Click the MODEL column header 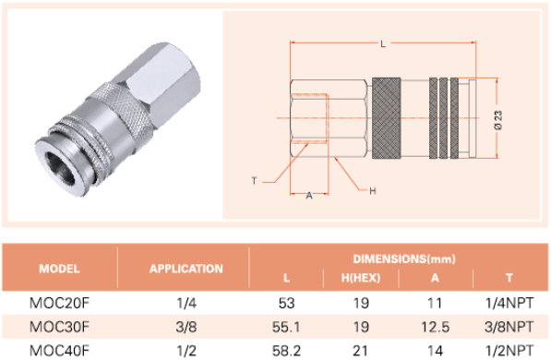point(59,269)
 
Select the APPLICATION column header point(186,269)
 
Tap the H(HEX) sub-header point(361,278)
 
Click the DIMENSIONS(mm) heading point(404,258)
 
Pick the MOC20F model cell point(59,303)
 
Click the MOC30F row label point(59,327)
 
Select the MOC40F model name point(59,351)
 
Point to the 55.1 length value point(286,327)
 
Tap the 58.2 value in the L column point(286,351)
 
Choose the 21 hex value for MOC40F point(361,351)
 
